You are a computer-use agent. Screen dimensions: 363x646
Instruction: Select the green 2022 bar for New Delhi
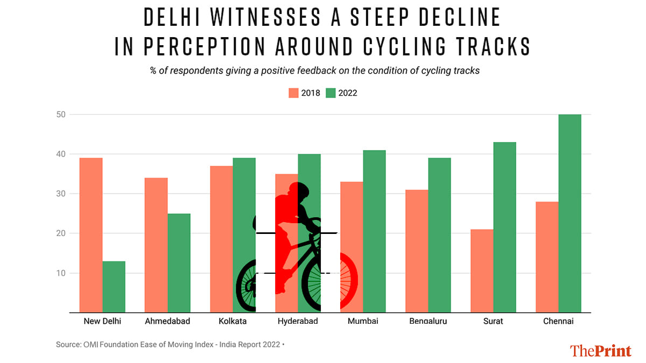pyautogui.click(x=114, y=287)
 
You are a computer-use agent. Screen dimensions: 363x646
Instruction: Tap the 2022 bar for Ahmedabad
pyautogui.click(x=179, y=263)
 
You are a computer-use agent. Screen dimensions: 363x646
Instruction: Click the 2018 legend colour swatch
pyautogui.click(x=293, y=93)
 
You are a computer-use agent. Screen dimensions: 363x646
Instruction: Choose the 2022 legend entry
pyautogui.click(x=342, y=93)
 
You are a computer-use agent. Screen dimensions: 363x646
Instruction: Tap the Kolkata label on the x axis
pyautogui.click(x=233, y=322)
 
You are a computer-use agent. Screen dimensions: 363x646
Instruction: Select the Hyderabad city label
pyautogui.click(x=298, y=322)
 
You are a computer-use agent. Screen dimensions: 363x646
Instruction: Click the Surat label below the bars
pyautogui.click(x=493, y=322)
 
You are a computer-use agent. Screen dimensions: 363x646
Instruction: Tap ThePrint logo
pyautogui.click(x=600, y=350)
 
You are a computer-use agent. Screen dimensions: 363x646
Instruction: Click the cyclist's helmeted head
pyautogui.click(x=298, y=192)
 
